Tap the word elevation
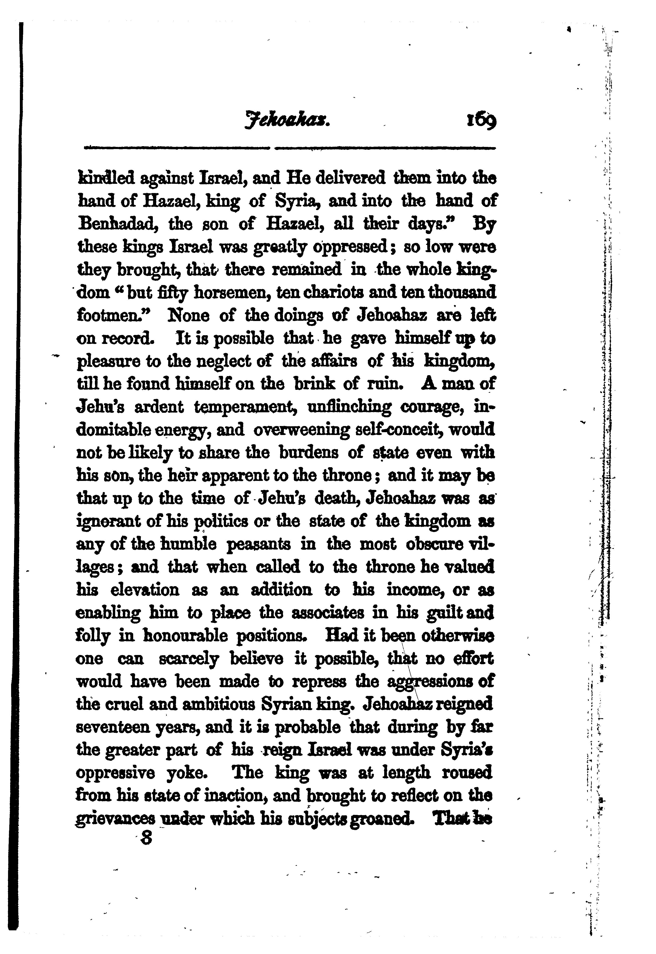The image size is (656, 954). [145, 590]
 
